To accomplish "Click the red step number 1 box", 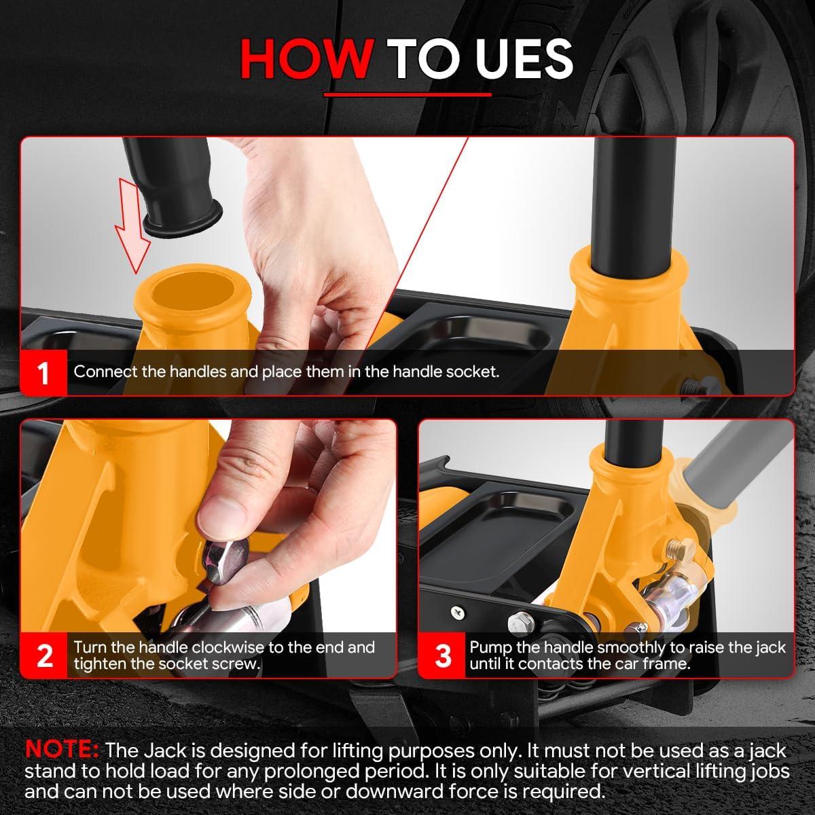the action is (x=43, y=373).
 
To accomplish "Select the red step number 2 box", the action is (x=43, y=655).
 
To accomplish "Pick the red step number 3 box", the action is (x=442, y=655).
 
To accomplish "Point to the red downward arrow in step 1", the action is (x=132, y=225).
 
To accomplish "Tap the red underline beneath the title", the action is (x=407, y=94).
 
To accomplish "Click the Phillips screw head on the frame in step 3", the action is (x=456, y=611).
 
